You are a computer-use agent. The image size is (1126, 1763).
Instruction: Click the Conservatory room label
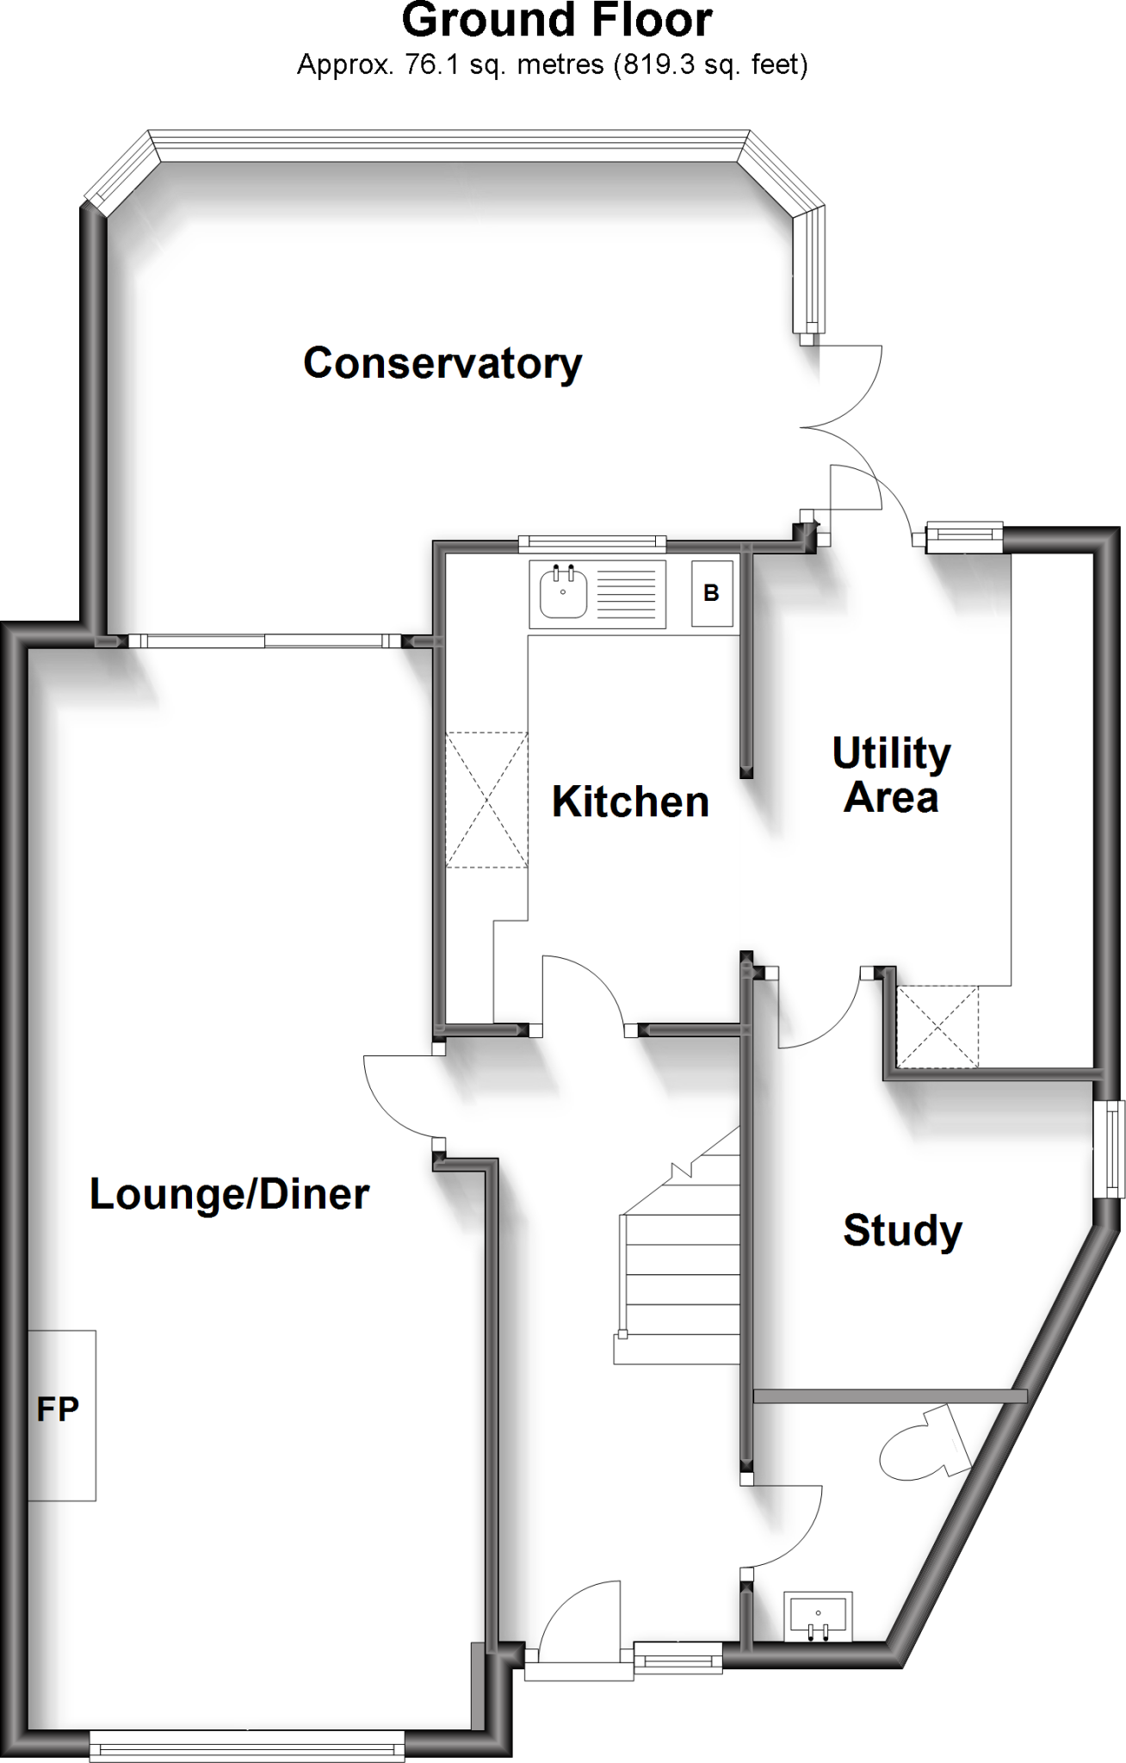click(442, 363)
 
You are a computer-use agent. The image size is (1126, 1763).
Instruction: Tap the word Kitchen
click(630, 801)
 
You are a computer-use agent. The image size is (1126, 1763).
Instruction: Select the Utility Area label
click(891, 775)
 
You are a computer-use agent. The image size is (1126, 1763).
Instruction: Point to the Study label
click(902, 1230)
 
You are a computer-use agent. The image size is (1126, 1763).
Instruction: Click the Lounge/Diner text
click(230, 1194)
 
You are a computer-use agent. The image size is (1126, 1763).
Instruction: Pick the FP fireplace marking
click(59, 1409)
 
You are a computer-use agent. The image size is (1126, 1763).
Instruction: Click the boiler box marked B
click(711, 593)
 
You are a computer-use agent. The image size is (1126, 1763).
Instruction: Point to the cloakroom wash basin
click(817, 1615)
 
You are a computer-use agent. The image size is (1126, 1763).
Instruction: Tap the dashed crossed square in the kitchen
click(486, 800)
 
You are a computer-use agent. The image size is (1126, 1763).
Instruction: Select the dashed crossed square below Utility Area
click(937, 1027)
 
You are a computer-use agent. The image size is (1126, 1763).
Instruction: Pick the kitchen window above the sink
click(592, 543)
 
